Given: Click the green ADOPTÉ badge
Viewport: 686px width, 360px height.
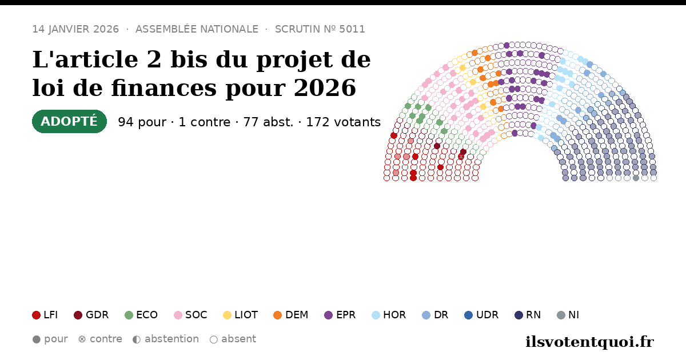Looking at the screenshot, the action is click(x=70, y=122).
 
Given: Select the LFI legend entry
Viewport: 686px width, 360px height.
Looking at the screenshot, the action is click(x=45, y=315).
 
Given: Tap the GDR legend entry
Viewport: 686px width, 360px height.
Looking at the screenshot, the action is click(x=91, y=315).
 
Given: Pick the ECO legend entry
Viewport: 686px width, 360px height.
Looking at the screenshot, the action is click(x=141, y=315).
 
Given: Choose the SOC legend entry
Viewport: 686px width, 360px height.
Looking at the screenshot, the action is click(x=190, y=315).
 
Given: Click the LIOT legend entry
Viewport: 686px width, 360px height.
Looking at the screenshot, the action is click(x=241, y=315).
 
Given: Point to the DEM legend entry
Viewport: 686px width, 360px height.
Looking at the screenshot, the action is click(x=290, y=315).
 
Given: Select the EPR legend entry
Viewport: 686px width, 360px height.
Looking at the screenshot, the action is click(x=340, y=315).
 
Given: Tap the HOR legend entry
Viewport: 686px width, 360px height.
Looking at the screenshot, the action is click(x=389, y=315).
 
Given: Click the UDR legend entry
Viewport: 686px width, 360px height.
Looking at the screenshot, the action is click(x=481, y=315).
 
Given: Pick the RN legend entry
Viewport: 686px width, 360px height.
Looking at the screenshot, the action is click(x=528, y=315).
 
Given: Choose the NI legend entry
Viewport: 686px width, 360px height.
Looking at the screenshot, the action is click(x=568, y=315).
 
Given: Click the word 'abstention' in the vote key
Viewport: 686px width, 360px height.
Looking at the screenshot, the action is click(x=172, y=339).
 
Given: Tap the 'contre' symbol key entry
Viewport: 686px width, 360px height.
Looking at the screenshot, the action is click(x=100, y=339).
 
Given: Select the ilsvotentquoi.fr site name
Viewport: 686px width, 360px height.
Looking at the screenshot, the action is click(x=589, y=342).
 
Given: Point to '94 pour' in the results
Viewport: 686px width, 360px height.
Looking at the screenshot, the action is click(x=142, y=122).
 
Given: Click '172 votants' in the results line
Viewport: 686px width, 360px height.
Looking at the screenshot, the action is click(x=344, y=122).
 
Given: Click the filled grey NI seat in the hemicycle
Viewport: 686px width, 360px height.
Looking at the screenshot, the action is click(x=636, y=178).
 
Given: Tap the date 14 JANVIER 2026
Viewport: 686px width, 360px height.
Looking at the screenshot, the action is click(x=75, y=29).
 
